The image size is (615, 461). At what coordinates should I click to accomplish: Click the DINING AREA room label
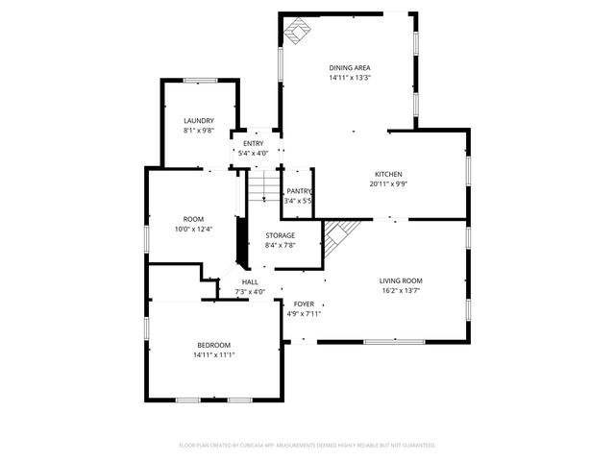[x=350, y=67]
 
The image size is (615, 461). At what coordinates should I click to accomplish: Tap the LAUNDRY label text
[x=199, y=120]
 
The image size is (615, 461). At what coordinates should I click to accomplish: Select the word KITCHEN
[x=388, y=174]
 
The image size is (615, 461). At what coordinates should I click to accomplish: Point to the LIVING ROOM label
[x=402, y=280]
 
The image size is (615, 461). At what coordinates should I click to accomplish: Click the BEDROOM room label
[x=214, y=345]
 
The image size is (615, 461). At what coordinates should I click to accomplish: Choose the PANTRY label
[x=299, y=191]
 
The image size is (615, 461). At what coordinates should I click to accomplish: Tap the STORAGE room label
[x=281, y=235]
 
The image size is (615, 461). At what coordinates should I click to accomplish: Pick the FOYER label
[x=304, y=303]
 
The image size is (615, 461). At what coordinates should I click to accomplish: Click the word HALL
[x=250, y=282]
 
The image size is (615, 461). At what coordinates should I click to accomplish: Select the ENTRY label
[x=254, y=143]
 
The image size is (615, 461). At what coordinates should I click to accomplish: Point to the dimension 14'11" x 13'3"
[x=350, y=78]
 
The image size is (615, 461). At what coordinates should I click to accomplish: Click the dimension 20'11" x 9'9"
[x=388, y=184]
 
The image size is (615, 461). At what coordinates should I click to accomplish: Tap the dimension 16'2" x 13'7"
[x=402, y=291]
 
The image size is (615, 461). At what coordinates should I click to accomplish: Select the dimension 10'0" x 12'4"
[x=194, y=230]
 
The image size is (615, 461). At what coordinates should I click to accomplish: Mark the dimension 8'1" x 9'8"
[x=199, y=131]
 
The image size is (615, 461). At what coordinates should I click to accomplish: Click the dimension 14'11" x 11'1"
[x=214, y=355]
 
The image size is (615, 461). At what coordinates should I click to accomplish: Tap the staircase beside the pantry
[x=264, y=186]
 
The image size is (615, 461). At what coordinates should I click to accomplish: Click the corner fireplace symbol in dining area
[x=297, y=36]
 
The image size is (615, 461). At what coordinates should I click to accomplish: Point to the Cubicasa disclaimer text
[x=307, y=446]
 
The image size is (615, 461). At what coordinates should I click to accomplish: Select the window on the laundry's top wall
[x=199, y=81]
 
